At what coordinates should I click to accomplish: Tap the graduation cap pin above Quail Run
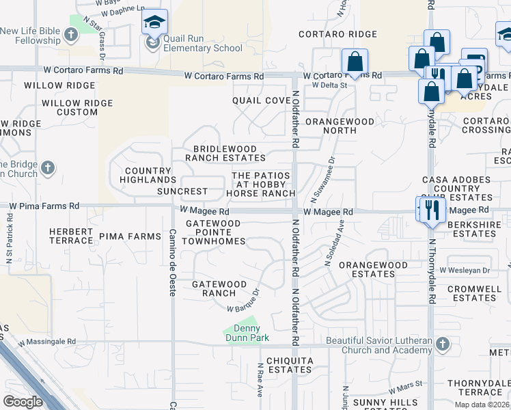155,23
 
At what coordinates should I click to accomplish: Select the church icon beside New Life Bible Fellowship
70,34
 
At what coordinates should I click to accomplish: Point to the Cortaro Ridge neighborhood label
337,34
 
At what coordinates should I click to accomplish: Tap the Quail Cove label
261,100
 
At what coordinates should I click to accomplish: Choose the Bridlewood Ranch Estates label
225,153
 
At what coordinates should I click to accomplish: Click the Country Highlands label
148,175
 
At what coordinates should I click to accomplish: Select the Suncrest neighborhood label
182,191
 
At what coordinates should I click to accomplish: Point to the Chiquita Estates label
290,365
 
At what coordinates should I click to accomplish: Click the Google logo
23,402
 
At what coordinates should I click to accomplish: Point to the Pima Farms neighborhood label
130,236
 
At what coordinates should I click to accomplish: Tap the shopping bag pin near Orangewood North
355,61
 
